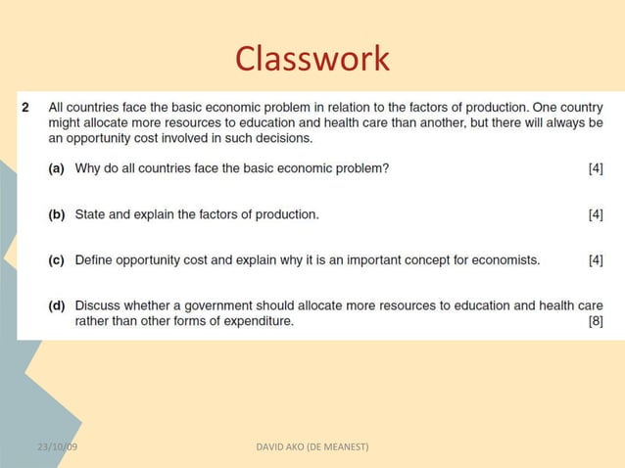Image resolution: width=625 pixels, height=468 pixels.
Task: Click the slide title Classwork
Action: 312,60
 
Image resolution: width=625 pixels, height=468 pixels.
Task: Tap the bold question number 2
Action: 26,107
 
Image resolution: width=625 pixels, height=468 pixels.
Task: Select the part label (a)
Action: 58,168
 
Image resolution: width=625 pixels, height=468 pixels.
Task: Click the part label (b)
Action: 58,214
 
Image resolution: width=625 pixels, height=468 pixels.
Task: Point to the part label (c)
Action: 58,260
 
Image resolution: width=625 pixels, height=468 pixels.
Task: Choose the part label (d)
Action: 58,305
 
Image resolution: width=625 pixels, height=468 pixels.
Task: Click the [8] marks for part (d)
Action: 595,321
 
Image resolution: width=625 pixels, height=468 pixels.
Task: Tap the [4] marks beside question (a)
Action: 595,168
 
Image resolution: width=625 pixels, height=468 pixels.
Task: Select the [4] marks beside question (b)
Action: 595,214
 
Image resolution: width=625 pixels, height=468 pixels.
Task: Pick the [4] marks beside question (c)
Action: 595,260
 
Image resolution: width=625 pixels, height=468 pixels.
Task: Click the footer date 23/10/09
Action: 58,447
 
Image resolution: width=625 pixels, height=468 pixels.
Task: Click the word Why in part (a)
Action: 88,168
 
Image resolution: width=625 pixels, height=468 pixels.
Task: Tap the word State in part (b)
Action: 91,214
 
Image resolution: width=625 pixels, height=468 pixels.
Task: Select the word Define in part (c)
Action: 95,260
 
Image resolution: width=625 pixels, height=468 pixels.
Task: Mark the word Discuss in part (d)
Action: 100,305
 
